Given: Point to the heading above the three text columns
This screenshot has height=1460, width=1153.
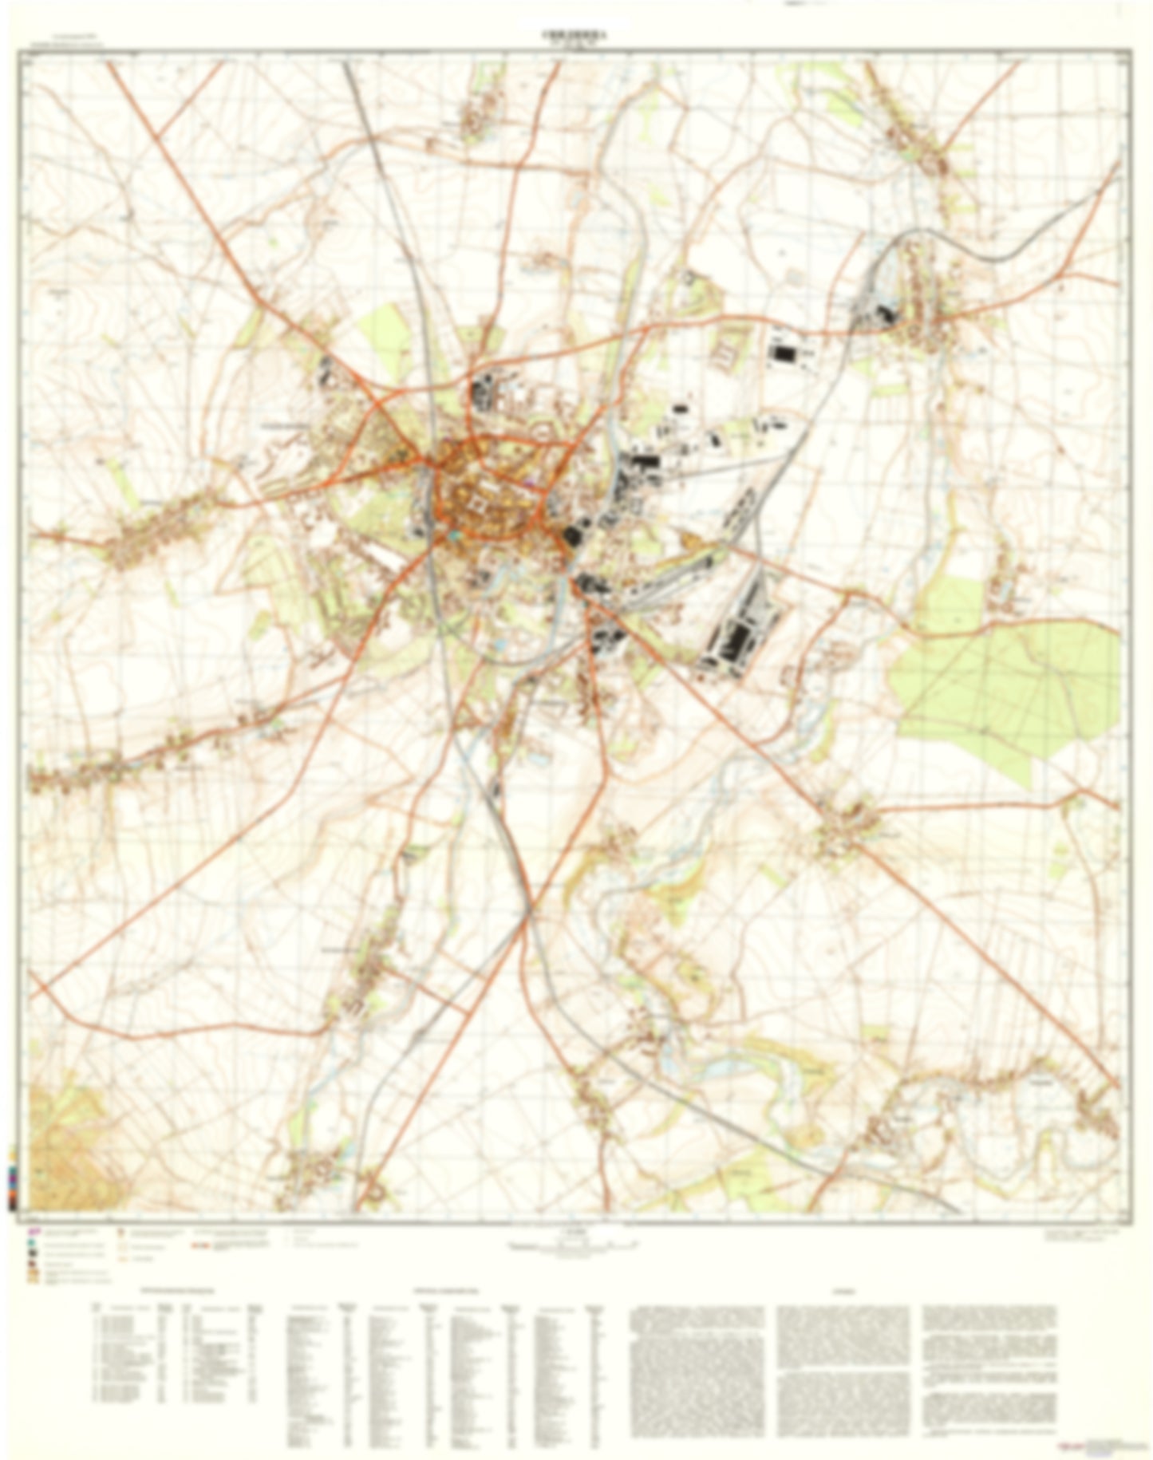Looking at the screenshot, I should pos(843,1289).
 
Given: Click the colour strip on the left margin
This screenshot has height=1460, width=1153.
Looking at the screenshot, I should pos(13,1181).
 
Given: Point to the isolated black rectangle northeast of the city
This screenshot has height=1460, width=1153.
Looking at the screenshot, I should pos(782,352).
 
